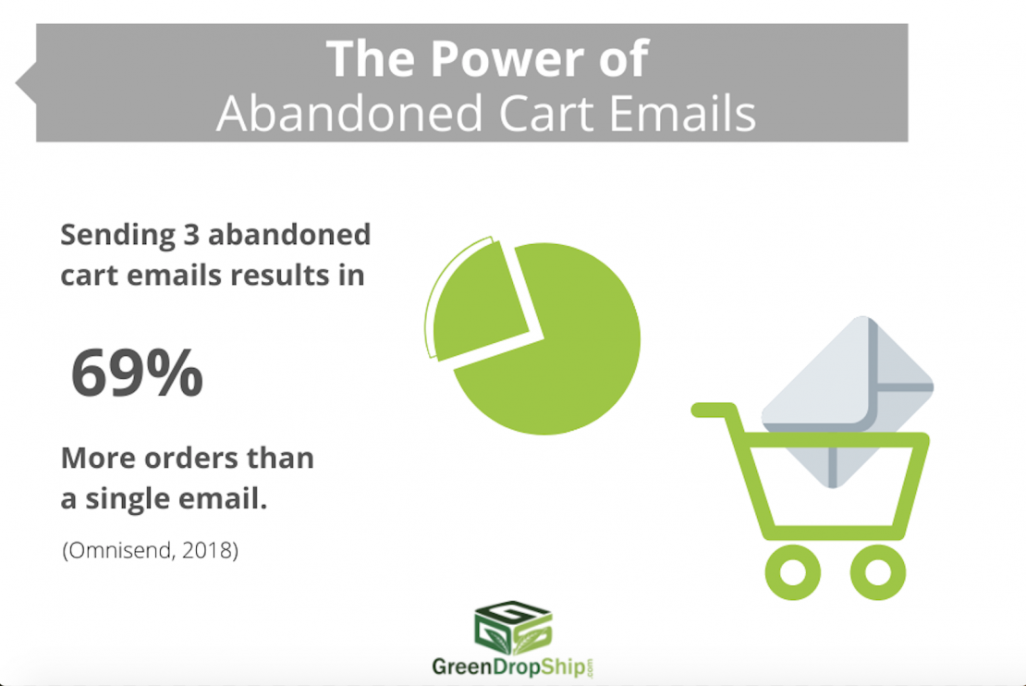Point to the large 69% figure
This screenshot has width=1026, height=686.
click(137, 374)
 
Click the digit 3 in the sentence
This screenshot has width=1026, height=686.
click(191, 234)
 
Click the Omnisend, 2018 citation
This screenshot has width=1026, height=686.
click(151, 550)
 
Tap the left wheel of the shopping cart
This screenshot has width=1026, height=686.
click(793, 572)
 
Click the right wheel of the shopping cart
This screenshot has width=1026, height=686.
click(878, 572)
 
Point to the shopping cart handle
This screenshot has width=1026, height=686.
click(715, 410)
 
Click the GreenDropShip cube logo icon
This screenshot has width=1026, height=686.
click(513, 628)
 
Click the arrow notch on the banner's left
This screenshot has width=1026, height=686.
click(26, 83)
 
